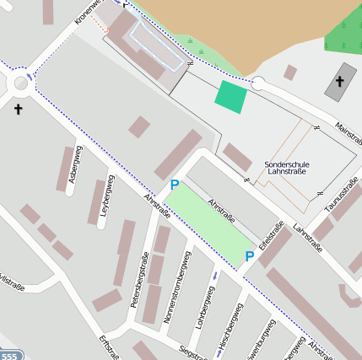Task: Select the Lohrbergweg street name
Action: (x=203, y=308)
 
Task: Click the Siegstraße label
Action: (x=192, y=352)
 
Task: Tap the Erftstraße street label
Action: (x=108, y=347)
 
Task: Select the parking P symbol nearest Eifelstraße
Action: (x=249, y=256)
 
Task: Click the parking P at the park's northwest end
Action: (x=175, y=185)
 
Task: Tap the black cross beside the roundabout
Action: (x=19, y=109)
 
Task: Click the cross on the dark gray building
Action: (x=340, y=81)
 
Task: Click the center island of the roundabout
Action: (x=19, y=83)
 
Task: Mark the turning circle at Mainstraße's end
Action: (x=258, y=83)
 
